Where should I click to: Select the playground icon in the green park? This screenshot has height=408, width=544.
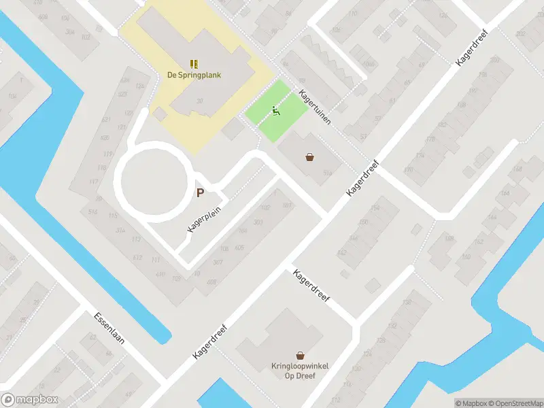276,111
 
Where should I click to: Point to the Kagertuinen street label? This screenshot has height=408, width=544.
314,107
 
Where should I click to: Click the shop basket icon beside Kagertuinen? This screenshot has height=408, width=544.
310,157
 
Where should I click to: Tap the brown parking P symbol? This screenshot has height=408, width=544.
200,192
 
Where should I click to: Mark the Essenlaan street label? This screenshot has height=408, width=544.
108,328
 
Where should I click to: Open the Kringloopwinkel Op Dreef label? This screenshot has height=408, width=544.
300,371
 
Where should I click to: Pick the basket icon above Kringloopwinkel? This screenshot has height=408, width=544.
300,355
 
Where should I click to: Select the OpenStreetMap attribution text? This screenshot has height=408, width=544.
515,403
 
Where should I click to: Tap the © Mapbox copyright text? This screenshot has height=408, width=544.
471,403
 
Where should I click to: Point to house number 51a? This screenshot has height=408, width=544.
328,173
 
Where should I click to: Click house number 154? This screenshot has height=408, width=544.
374,208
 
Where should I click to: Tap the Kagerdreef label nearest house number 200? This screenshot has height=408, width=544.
470,52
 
